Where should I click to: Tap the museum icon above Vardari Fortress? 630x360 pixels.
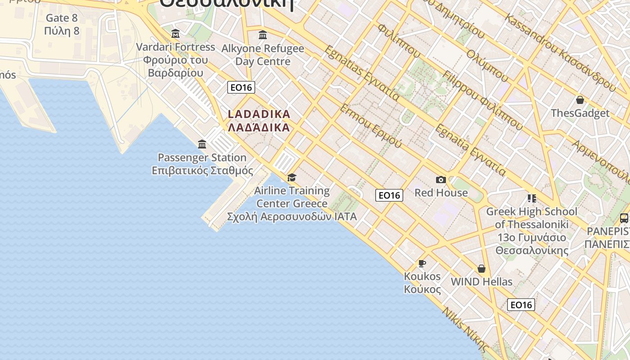[175, 34]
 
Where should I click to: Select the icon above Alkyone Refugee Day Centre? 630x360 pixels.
[263, 35]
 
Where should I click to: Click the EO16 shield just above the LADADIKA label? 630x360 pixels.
[241, 87]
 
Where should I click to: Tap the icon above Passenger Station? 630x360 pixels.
[202, 144]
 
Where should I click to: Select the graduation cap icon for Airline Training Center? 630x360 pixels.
[292, 178]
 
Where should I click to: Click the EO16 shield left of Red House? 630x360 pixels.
[389, 195]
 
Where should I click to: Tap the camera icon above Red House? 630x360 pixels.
[441, 180]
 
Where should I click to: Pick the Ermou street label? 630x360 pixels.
[371, 126]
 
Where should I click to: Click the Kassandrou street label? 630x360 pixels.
[560, 52]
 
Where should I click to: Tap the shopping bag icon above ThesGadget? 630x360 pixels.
[580, 100]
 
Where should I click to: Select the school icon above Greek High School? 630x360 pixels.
[531, 198]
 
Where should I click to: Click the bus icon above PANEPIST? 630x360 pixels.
[624, 218]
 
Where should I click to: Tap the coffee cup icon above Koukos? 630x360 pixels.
[422, 263]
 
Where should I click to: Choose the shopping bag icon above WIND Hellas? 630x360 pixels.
[481, 269]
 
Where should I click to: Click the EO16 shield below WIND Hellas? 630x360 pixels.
[521, 305]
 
